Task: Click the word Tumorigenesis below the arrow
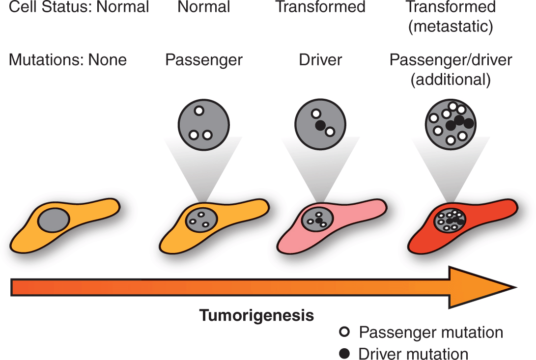point(256,315)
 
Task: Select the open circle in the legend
point(345,332)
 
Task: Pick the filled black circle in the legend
point(345,354)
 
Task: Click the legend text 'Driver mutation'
point(413,354)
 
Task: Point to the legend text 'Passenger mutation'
point(431,332)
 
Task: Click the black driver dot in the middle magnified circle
point(320,126)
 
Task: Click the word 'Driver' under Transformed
point(320,60)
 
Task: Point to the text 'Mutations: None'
point(68,60)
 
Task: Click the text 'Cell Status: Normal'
point(79,7)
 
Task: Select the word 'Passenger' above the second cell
point(204,60)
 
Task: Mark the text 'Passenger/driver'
point(451,60)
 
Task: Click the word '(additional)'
point(451,80)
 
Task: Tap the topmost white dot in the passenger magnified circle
point(198,111)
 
